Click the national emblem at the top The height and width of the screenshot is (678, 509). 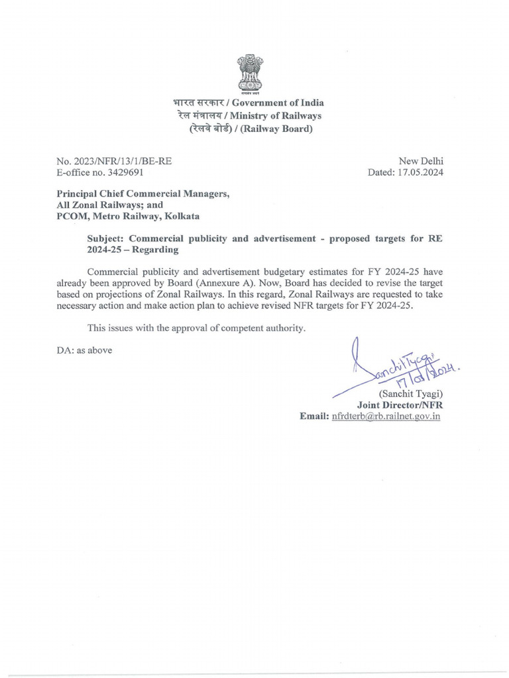pos(254,74)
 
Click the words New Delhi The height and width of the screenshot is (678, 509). pos(421,161)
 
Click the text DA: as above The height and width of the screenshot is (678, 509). pos(84,350)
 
